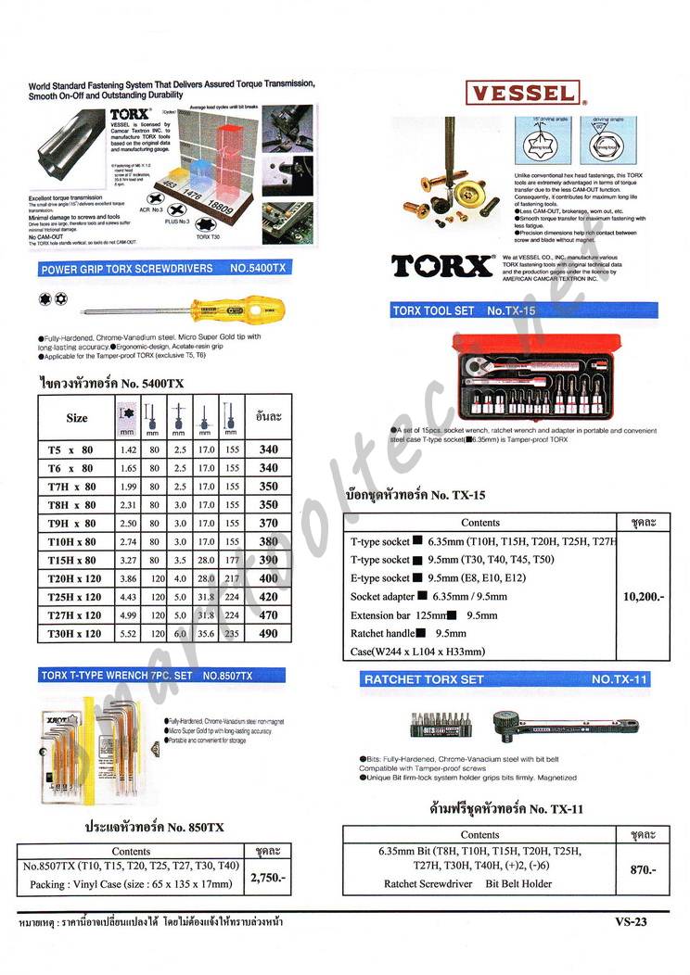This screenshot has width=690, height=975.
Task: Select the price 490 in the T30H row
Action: (268, 633)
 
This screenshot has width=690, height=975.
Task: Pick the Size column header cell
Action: (77, 417)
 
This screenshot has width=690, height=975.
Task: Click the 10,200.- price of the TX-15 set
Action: (645, 597)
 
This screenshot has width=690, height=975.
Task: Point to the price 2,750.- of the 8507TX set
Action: (268, 877)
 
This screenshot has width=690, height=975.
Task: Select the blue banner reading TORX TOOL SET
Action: (523, 311)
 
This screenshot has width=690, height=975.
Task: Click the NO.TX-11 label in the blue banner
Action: (620, 679)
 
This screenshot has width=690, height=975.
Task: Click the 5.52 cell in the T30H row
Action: (129, 633)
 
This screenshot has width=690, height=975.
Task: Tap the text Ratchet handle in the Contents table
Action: (381, 633)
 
